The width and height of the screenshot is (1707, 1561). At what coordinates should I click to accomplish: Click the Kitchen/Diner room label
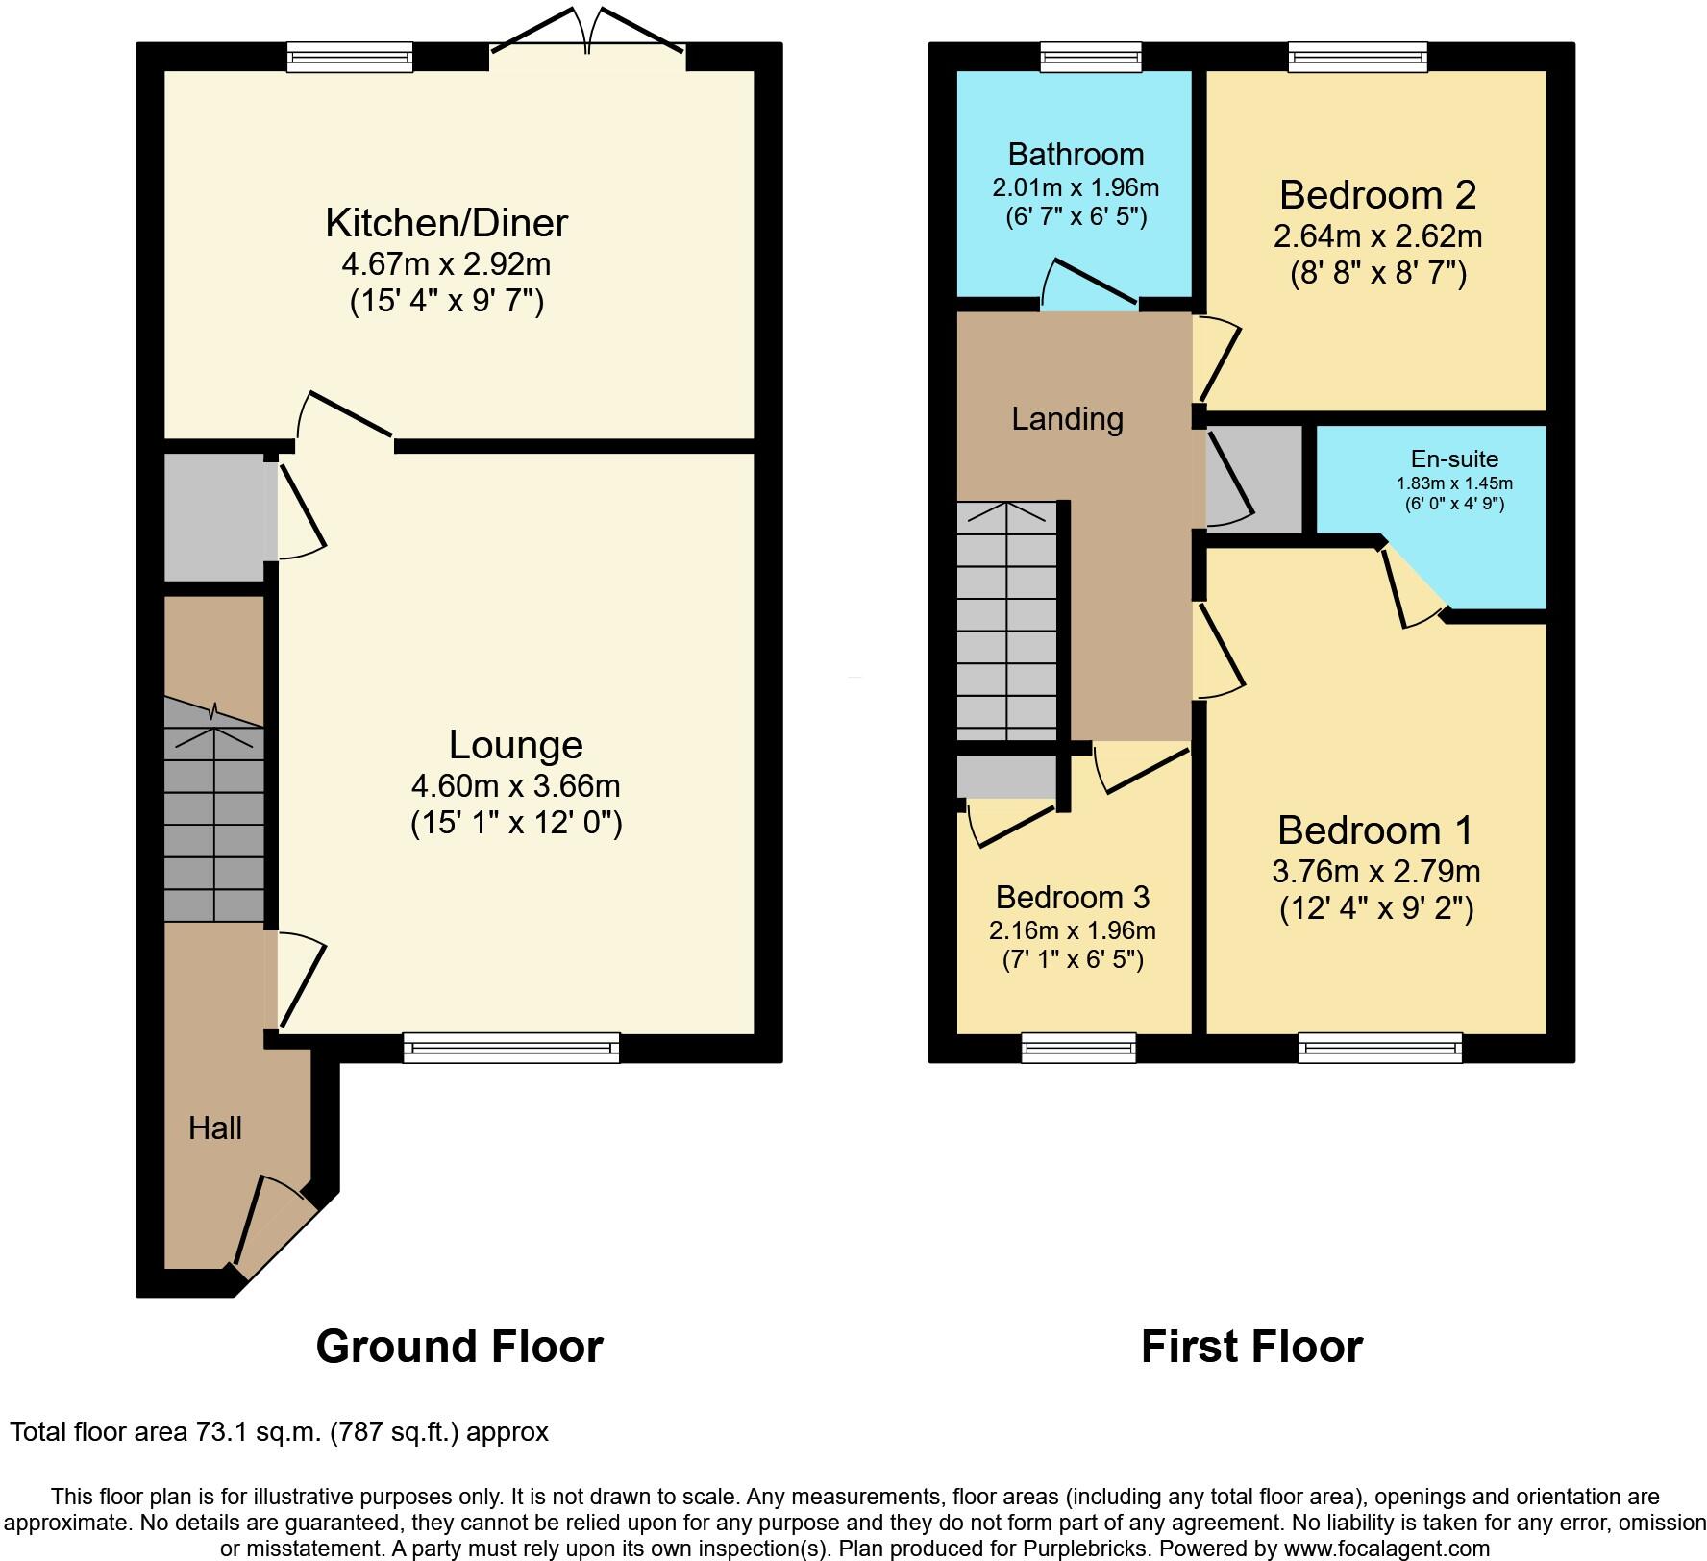point(446,223)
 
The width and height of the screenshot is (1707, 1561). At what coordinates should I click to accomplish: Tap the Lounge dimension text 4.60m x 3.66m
point(515,785)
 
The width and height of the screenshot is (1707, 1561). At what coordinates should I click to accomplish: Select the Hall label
point(214,1127)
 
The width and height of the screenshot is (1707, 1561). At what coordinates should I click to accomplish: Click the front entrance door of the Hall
point(274,1228)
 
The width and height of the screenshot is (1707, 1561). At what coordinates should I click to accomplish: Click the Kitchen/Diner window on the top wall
point(350,58)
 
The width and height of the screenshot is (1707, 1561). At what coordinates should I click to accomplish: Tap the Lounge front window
point(511,1047)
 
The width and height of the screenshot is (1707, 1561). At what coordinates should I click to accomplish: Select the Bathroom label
point(1076,154)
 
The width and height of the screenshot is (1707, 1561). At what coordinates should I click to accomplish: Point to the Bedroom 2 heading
point(1376,195)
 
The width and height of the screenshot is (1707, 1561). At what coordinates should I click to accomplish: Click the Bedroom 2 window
point(1357,58)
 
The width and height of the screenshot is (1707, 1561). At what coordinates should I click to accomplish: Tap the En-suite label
point(1453,459)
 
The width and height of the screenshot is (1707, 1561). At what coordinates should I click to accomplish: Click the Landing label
point(1067,419)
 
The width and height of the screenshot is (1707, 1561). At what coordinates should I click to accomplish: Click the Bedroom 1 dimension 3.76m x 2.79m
point(1375,871)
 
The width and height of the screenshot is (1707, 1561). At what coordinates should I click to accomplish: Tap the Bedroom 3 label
point(1072,897)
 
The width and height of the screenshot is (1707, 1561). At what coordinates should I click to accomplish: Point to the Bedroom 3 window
point(1078,1047)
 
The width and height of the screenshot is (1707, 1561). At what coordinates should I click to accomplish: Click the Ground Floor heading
point(459,1347)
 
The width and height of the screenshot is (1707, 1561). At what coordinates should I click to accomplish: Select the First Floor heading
point(1251,1347)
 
